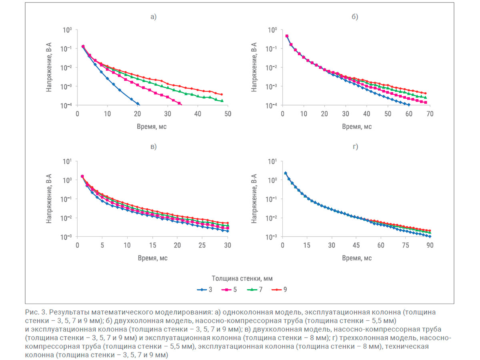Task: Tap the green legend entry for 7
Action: [254, 289]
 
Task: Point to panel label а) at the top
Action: [153, 17]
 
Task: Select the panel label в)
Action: [153, 146]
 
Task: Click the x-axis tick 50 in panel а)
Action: [227, 114]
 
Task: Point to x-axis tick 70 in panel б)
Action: [430, 114]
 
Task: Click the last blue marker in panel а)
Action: [138, 104]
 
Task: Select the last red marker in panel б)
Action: [425, 93]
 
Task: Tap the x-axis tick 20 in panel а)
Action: [138, 114]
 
